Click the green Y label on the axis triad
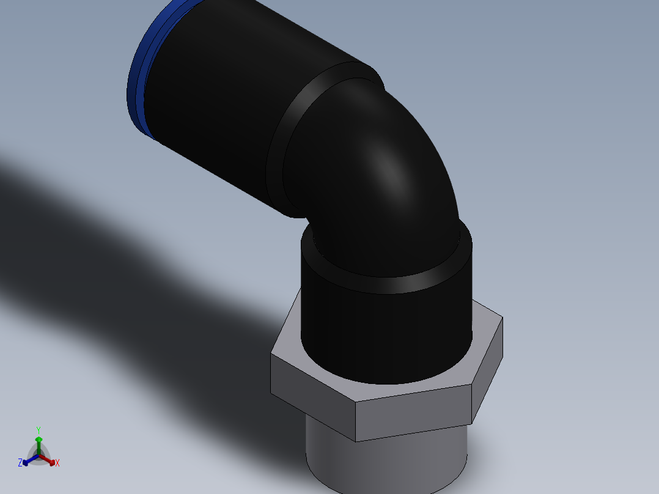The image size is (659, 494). click(38, 430)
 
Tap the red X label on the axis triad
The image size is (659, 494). click(57, 463)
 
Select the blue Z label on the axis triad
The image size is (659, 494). click(20, 463)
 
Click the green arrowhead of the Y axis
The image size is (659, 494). click(39, 439)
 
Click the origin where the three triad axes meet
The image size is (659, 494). click(39, 455)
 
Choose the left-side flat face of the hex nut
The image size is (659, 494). click(312, 391)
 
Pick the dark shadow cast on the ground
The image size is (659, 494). click(122, 257)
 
